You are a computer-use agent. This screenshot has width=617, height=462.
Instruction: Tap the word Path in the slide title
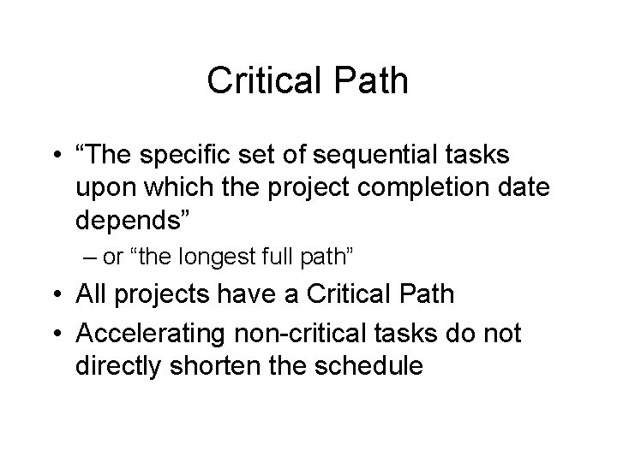372,82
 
